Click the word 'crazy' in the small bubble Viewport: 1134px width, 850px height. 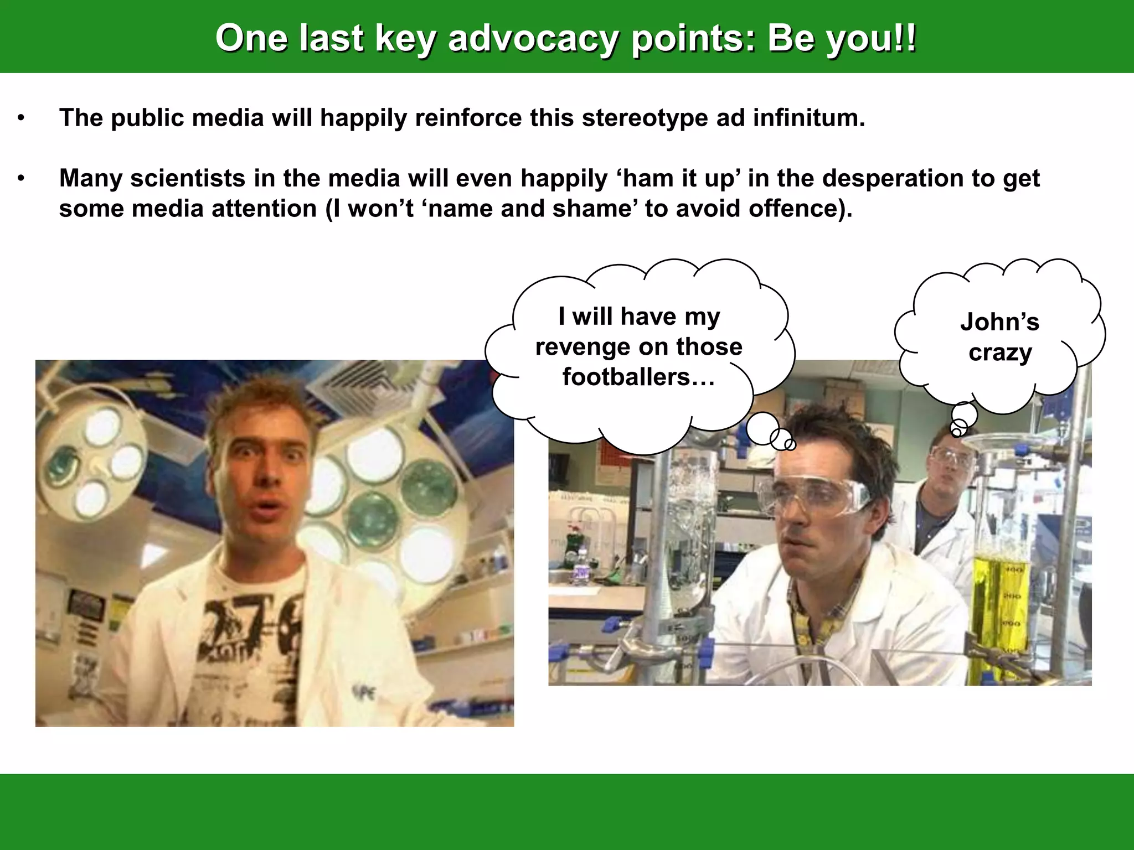coord(1000,353)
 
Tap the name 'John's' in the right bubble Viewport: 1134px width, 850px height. coord(999,322)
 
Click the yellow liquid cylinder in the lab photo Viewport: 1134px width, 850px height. coord(997,614)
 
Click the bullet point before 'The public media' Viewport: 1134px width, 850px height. coord(21,118)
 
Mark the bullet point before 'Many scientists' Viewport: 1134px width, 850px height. coord(21,179)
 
